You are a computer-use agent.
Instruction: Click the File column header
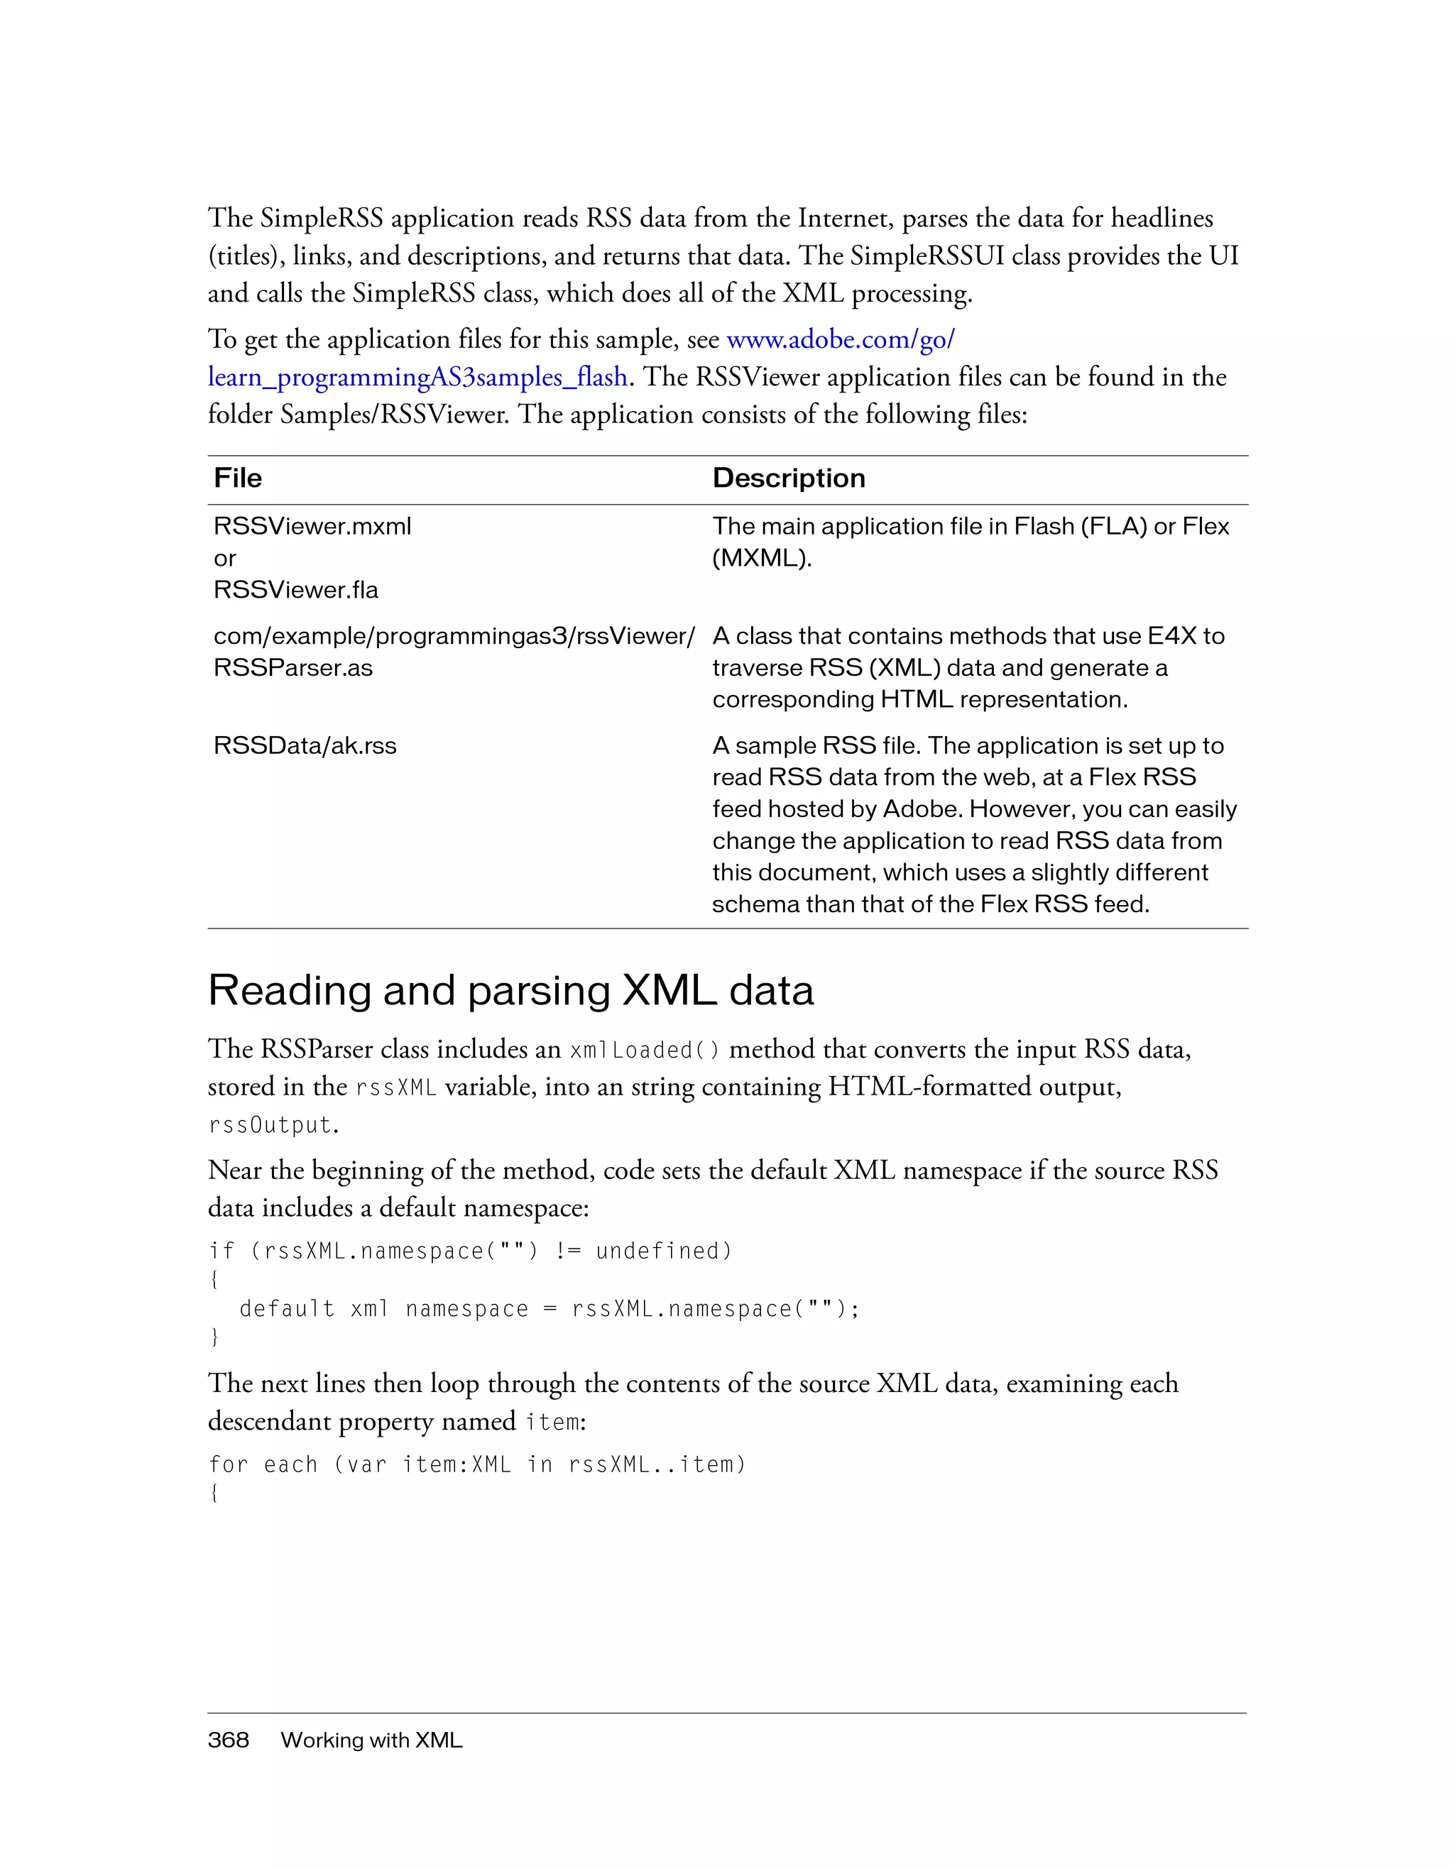click(238, 478)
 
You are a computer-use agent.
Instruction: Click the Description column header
click(788, 478)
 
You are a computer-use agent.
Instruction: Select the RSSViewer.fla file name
click(295, 590)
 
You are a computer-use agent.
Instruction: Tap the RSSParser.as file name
click(293, 667)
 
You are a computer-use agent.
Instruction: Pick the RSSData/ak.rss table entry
click(305, 745)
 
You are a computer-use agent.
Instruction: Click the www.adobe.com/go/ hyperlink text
click(840, 340)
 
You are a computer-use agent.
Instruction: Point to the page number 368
click(228, 1740)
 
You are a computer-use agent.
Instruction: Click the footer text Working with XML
click(371, 1740)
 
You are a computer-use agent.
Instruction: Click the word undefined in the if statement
click(663, 1251)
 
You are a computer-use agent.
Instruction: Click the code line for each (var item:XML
click(476, 1464)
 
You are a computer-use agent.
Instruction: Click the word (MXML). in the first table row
click(761, 558)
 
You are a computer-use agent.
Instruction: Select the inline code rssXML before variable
click(395, 1087)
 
